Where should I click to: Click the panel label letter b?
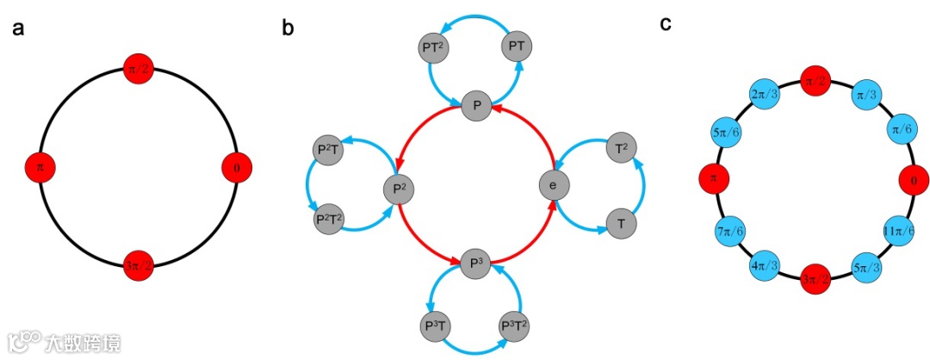[x=288, y=28]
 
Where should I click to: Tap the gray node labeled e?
[x=555, y=184]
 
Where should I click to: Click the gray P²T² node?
[x=328, y=218]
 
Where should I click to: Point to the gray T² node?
[x=622, y=150]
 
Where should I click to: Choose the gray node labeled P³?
[x=475, y=263]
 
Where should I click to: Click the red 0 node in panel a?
[x=237, y=167]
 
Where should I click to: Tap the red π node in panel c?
[x=713, y=179]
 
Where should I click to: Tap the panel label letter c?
[x=666, y=24]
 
